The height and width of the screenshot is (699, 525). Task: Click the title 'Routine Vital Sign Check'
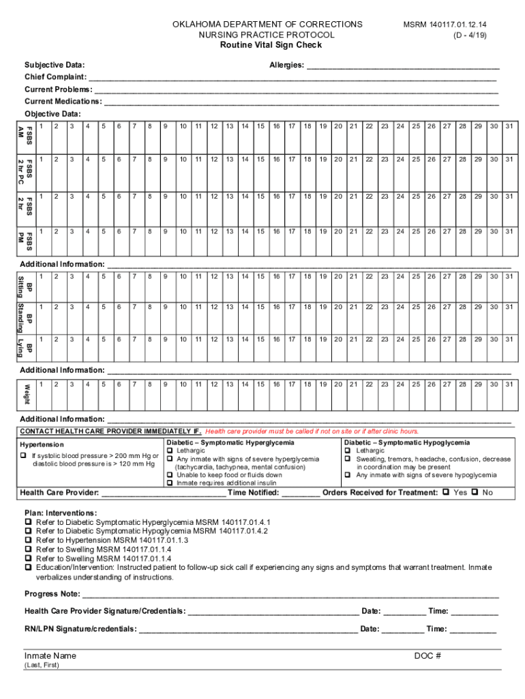(270, 45)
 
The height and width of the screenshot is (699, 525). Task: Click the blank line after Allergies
(402, 65)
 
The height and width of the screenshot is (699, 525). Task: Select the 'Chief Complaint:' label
(55, 77)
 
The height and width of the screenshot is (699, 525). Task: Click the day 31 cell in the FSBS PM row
(509, 240)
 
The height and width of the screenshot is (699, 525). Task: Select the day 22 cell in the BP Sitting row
(369, 285)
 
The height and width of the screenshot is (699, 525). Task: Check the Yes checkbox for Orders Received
(446, 492)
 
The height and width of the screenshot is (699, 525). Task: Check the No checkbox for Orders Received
(475, 492)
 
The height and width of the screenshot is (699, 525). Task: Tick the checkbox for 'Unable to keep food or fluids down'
(170, 475)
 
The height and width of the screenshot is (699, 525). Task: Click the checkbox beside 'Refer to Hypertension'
(28, 540)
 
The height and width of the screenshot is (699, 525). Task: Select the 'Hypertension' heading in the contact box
(42, 444)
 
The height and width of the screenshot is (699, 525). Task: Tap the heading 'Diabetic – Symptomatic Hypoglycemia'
(407, 443)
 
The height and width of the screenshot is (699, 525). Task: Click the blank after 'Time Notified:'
(300, 492)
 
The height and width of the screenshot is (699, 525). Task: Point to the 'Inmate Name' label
(50, 656)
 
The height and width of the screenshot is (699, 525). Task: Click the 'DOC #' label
(428, 656)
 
